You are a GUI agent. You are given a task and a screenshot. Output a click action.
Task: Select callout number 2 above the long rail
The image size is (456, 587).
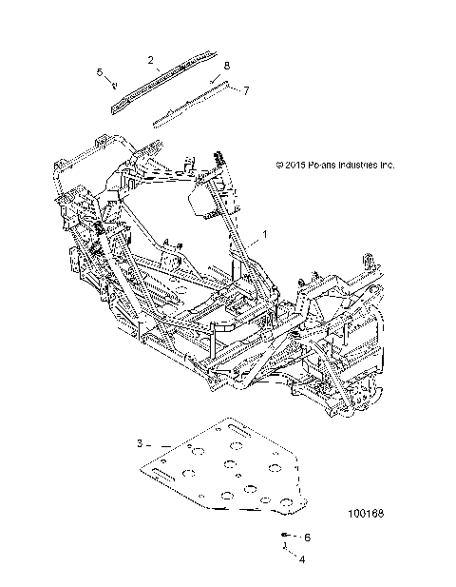pyautogui.click(x=150, y=60)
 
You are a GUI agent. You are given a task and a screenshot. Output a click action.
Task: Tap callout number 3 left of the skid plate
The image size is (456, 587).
pyautogui.click(x=140, y=443)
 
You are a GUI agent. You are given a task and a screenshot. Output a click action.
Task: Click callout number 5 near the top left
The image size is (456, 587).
pyautogui.click(x=99, y=71)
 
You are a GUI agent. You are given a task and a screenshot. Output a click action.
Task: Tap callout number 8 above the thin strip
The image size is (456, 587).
pyautogui.click(x=227, y=65)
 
